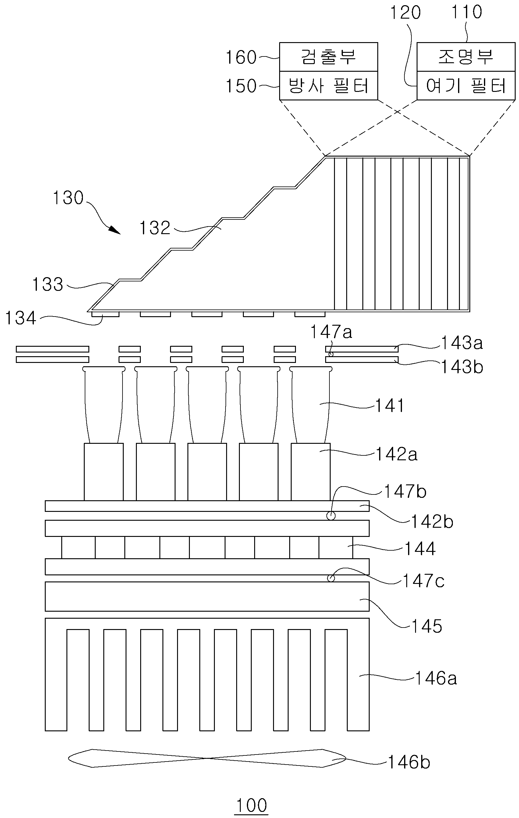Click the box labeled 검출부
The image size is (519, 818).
(328, 57)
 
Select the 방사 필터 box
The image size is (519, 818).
(328, 85)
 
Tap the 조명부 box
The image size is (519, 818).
(466, 57)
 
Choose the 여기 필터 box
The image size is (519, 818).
(466, 85)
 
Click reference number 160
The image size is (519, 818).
(241, 57)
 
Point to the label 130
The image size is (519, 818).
(68, 198)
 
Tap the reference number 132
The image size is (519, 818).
(155, 228)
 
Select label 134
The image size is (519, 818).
(21, 318)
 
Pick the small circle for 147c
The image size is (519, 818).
(331, 578)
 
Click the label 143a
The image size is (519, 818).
(462, 343)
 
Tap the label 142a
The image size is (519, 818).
(396, 454)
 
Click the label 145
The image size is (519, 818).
(427, 626)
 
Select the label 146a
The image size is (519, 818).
(436, 679)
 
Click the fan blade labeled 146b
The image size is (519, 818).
(207, 758)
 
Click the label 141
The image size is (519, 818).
(389, 406)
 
